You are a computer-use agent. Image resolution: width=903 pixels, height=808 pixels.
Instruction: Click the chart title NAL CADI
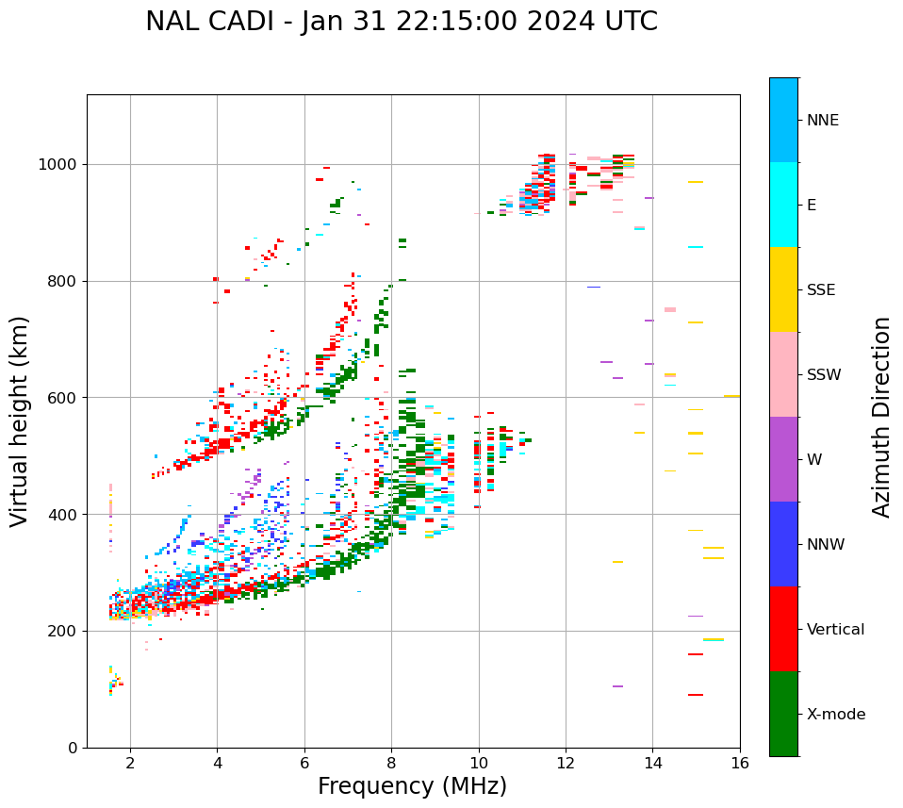pyautogui.click(x=401, y=22)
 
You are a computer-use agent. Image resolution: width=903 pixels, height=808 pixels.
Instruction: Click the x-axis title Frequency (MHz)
pyautogui.click(x=412, y=786)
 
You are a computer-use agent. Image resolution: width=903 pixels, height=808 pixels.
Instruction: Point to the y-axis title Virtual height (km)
pyautogui.click(x=20, y=421)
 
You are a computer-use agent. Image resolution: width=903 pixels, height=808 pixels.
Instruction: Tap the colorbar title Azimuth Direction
pyautogui.click(x=881, y=417)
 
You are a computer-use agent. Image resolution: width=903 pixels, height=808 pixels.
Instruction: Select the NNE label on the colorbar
pyautogui.click(x=822, y=121)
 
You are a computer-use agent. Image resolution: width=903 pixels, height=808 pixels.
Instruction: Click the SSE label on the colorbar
pyautogui.click(x=820, y=290)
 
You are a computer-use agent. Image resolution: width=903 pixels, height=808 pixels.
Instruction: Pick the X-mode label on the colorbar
pyautogui.click(x=836, y=715)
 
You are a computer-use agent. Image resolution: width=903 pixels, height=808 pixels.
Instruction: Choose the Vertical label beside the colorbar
pyautogui.click(x=835, y=630)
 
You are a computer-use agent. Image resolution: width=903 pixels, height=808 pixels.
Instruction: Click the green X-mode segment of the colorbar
pyautogui.click(x=783, y=714)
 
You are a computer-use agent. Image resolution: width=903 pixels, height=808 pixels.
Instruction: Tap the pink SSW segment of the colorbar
pyautogui.click(x=783, y=374)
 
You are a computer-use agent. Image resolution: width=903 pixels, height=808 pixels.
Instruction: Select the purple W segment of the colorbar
pyautogui.click(x=783, y=459)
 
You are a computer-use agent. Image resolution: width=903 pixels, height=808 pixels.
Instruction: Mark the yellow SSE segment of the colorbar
pyautogui.click(x=783, y=289)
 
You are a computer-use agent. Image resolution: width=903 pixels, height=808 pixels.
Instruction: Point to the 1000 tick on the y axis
pyautogui.click(x=59, y=164)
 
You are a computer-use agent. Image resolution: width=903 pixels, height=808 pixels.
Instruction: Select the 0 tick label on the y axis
pyautogui.click(x=74, y=748)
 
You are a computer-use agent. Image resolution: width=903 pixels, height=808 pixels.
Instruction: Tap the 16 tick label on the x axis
pyautogui.click(x=740, y=763)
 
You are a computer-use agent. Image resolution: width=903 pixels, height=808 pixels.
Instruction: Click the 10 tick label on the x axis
pyautogui.click(x=478, y=763)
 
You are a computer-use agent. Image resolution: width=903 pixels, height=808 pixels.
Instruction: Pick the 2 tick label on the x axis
pyautogui.click(x=130, y=763)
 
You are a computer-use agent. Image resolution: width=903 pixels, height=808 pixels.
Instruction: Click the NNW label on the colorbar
pyautogui.click(x=826, y=545)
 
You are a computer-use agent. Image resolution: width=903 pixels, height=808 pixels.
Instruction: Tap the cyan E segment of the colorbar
pyautogui.click(x=783, y=205)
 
